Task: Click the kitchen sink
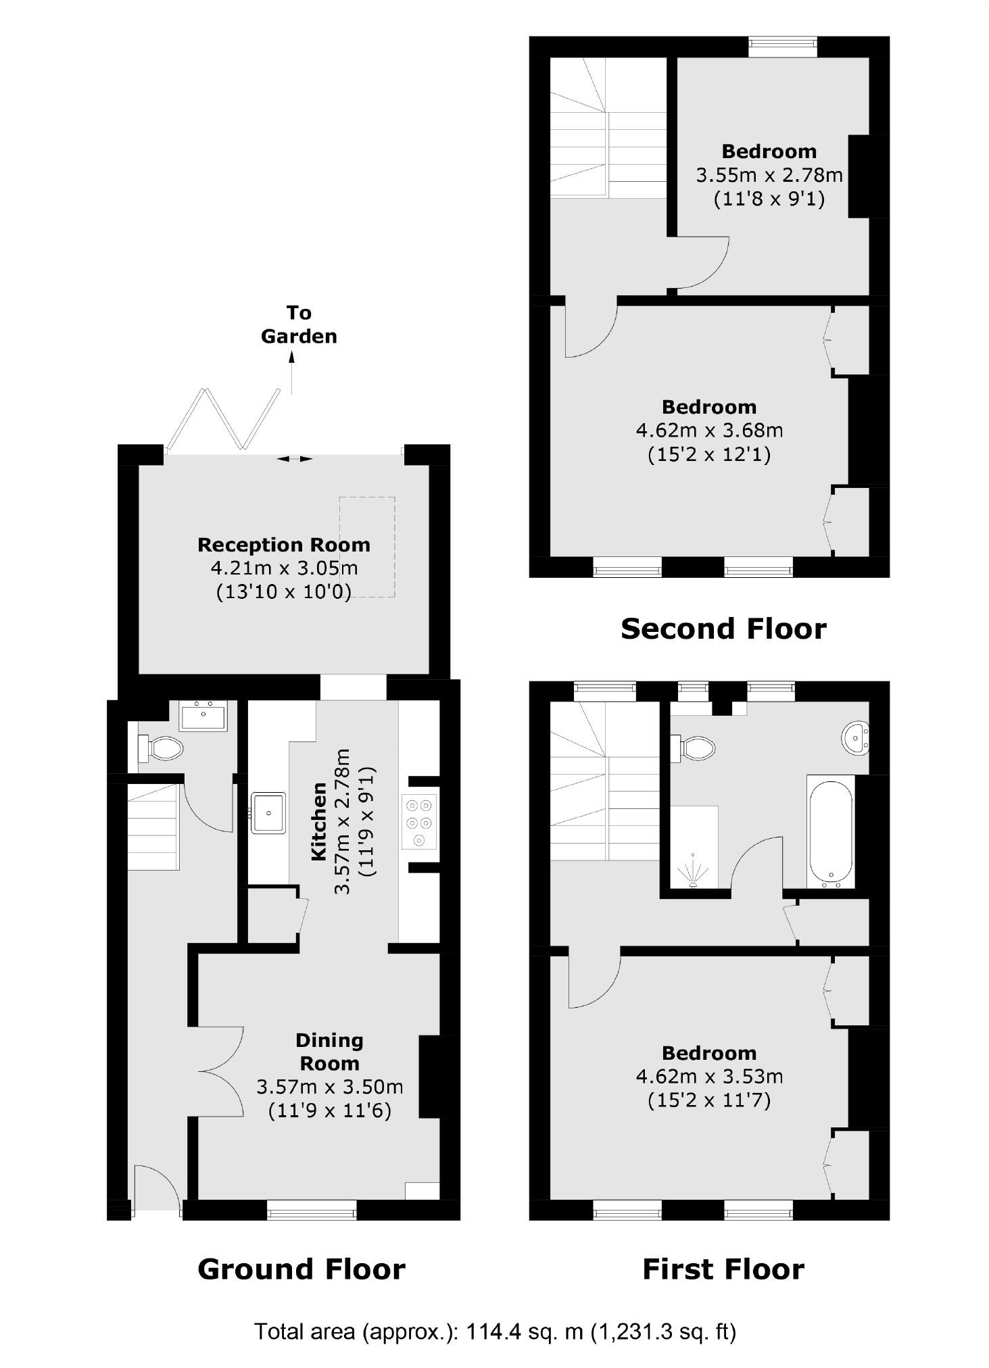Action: pos(269,813)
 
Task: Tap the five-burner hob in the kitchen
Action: pos(419,821)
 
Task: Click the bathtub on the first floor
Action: pos(831,831)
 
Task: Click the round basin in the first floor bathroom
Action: pos(856,738)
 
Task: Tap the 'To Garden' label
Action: pos(299,324)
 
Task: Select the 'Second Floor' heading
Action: pos(723,629)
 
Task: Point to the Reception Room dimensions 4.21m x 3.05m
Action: pos(284,568)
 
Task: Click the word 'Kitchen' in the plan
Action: pos(318,821)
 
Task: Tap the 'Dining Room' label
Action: pos(329,1051)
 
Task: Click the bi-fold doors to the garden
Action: pos(223,419)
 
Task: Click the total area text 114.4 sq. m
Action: pos(494,1332)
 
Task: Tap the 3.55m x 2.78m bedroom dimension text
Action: pos(769,176)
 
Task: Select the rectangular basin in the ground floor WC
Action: pos(203,716)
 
